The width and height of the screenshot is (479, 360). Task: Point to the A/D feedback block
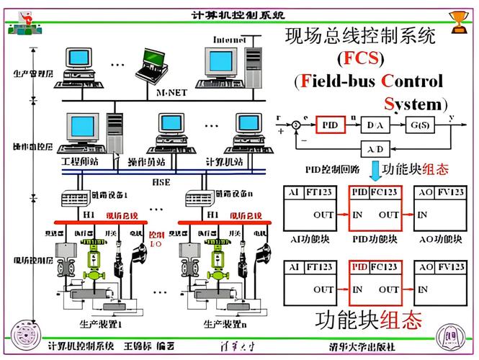point(375,150)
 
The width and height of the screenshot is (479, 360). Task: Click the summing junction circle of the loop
point(295,125)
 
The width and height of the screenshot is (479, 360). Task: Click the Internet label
point(230,40)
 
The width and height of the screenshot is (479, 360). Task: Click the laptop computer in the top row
point(153,65)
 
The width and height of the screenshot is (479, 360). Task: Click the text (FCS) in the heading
point(360,58)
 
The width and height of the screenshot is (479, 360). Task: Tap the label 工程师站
point(80,161)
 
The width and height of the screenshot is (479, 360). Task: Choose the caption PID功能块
point(375,239)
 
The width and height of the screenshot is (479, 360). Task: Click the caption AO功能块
point(439,239)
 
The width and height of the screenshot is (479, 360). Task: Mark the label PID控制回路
point(331,171)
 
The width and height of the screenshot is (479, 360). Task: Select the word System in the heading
point(416,104)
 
